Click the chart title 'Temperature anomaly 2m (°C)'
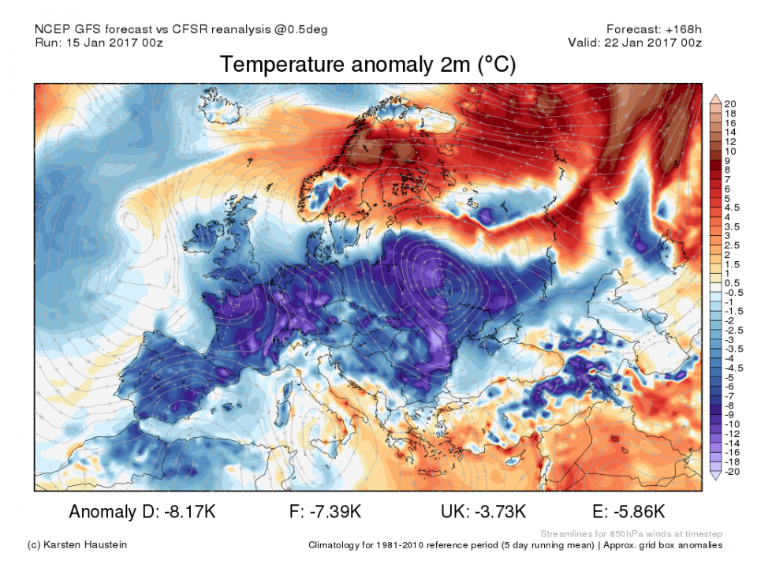[367, 65]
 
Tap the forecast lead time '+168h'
[684, 29]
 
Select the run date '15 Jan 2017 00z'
[117, 43]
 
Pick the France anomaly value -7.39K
[333, 512]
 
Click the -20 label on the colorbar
[733, 471]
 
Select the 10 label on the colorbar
[731, 151]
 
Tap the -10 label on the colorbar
[733, 424]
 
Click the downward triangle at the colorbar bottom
[715, 475]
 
